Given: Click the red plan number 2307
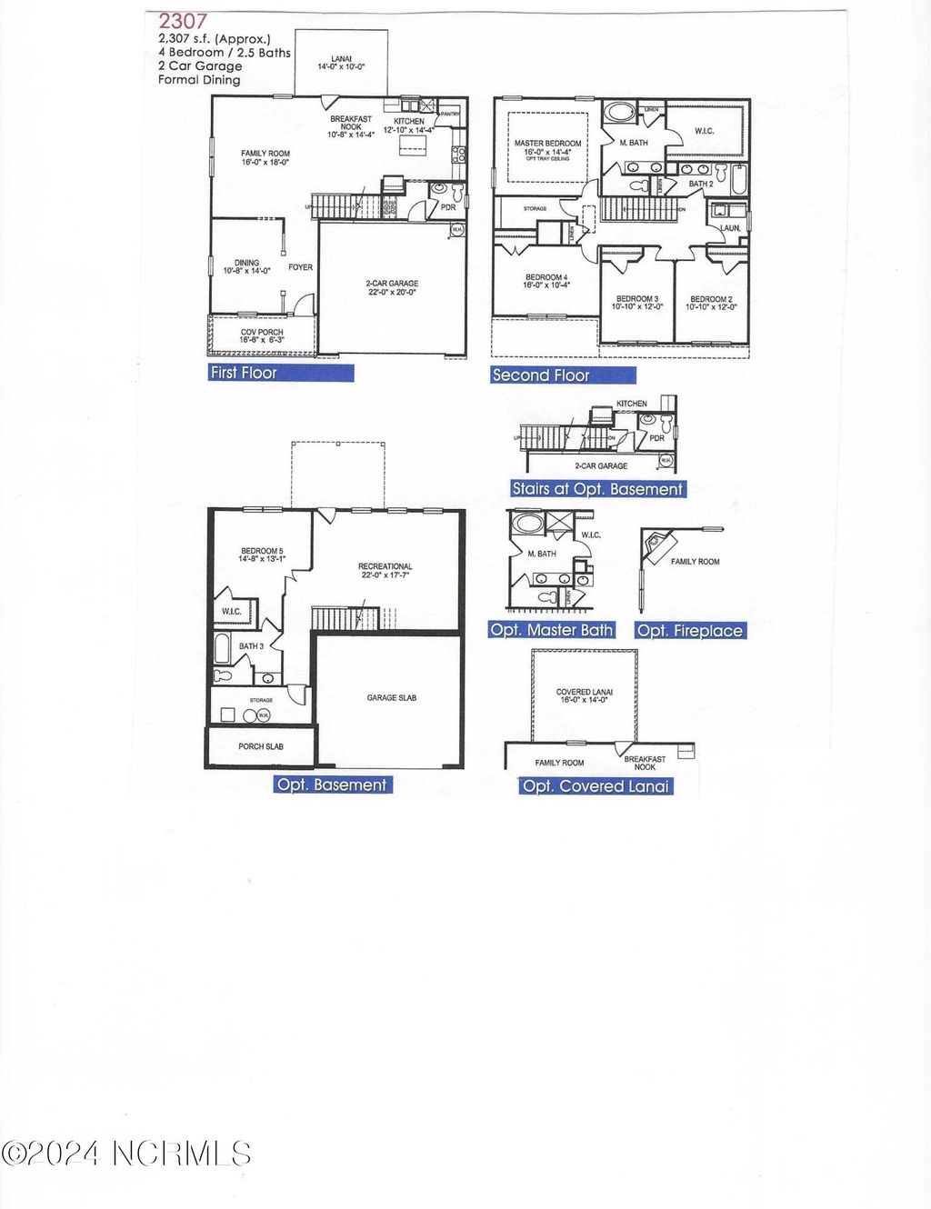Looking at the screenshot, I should (x=184, y=21).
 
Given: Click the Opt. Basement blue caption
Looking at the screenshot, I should (x=333, y=784).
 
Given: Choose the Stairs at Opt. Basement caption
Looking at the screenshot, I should (x=597, y=489).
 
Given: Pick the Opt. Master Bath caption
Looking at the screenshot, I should (x=552, y=630).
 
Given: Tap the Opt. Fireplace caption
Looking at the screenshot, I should (x=690, y=631).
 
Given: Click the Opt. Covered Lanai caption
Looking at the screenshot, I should (x=596, y=786).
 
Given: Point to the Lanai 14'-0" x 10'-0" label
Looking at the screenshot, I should (x=341, y=63).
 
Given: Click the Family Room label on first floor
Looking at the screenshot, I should (x=265, y=158).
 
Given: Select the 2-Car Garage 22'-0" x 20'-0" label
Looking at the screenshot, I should (x=392, y=288).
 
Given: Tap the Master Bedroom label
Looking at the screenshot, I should (x=547, y=148).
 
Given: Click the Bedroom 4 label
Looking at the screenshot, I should (x=546, y=281).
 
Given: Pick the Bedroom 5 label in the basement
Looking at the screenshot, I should (x=262, y=555).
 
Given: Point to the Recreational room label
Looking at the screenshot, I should (x=385, y=571).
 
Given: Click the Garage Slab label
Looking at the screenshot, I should (x=392, y=698).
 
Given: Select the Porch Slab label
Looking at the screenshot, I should (x=261, y=746).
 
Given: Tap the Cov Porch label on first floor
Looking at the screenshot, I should (x=262, y=336).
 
